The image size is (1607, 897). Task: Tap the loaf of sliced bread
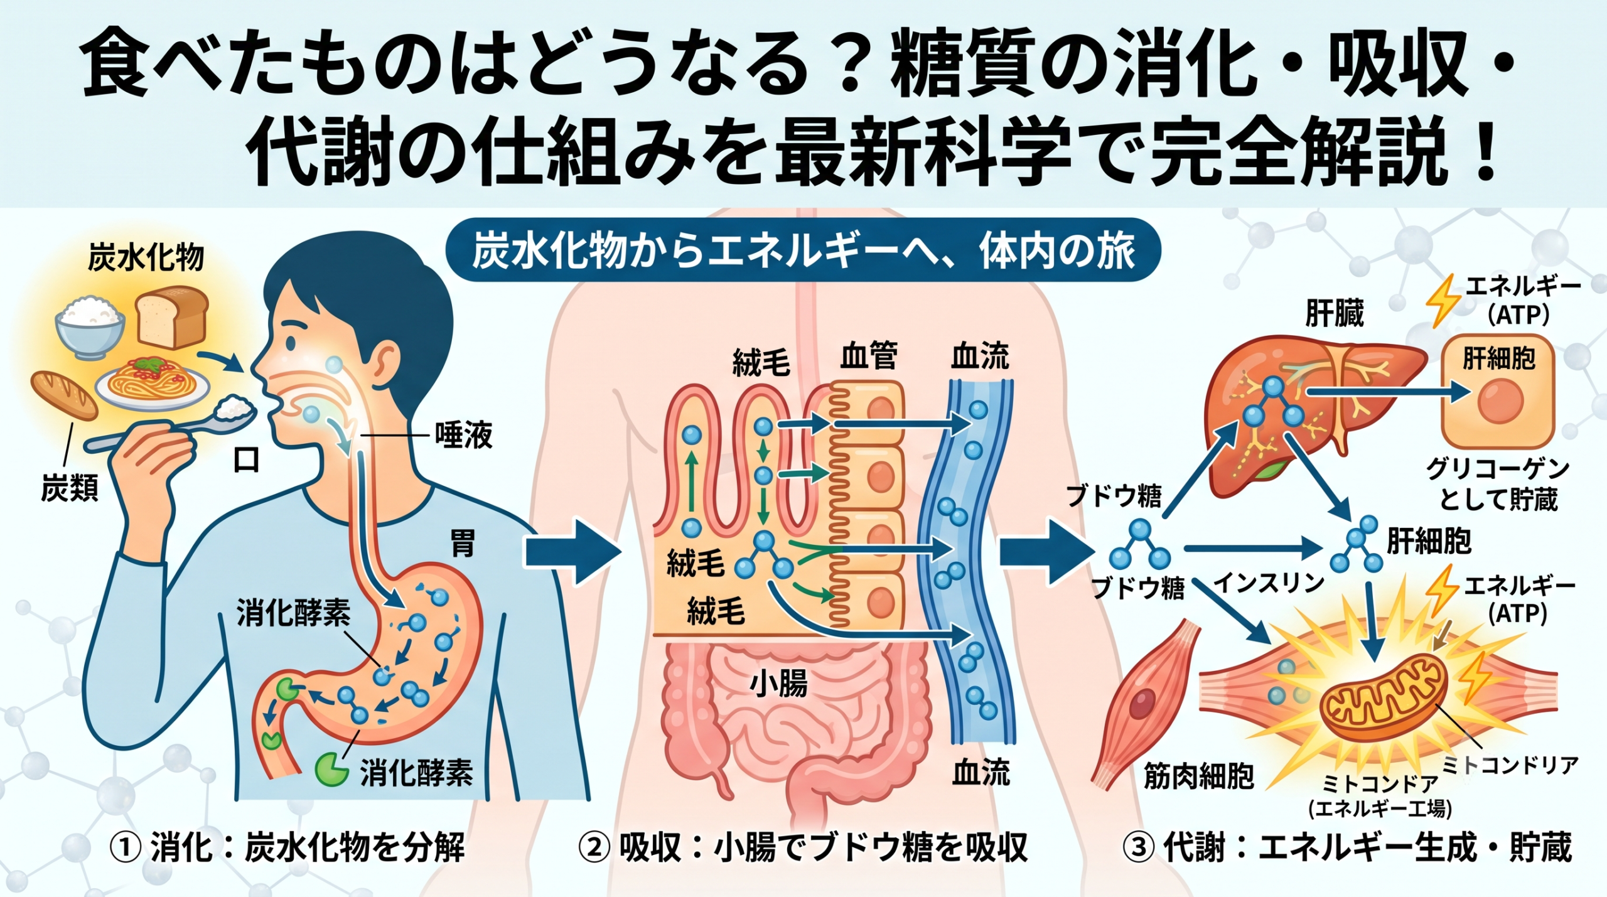pos(172,317)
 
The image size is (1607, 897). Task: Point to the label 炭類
pos(70,488)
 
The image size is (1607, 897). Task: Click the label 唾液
pos(464,434)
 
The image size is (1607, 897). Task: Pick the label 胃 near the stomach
pos(463,544)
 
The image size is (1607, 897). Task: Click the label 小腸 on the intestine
pos(778,683)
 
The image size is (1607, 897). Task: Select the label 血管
pos(869,357)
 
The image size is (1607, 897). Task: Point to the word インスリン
pos(1269,583)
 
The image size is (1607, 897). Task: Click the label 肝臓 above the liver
pos(1335,313)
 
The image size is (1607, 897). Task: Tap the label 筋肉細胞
pos(1199,776)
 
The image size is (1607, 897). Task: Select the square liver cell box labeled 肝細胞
pos(1498,390)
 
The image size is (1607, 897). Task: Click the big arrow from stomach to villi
pos(569,551)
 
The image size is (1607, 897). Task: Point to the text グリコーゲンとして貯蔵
pos(1498,484)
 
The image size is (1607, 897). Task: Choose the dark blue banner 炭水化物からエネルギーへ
pos(803,250)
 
